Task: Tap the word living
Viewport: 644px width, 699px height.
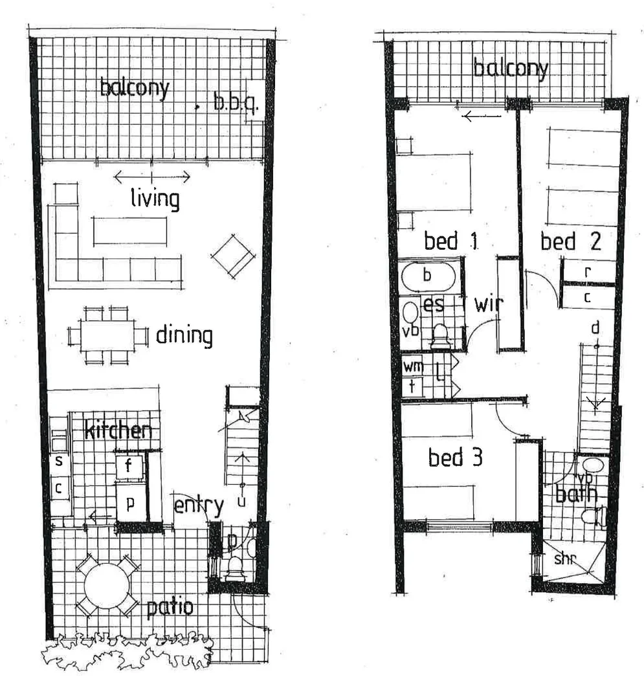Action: click(155, 197)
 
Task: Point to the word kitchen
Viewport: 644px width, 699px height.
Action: click(120, 430)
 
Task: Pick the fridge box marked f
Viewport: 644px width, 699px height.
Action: click(129, 465)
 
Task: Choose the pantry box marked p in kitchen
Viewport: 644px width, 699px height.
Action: click(130, 504)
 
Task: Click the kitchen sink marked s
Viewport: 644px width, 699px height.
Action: click(59, 461)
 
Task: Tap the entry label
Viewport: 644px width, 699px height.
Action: click(199, 505)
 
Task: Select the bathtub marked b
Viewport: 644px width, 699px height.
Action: click(427, 276)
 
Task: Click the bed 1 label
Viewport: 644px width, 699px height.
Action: click(450, 241)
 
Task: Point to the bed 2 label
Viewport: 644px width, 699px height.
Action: click(571, 241)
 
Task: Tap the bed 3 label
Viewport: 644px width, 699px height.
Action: click(456, 458)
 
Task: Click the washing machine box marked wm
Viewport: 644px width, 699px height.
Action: click(413, 366)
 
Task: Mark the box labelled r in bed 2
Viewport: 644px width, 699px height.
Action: click(587, 272)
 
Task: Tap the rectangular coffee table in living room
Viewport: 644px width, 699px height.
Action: click(129, 231)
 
